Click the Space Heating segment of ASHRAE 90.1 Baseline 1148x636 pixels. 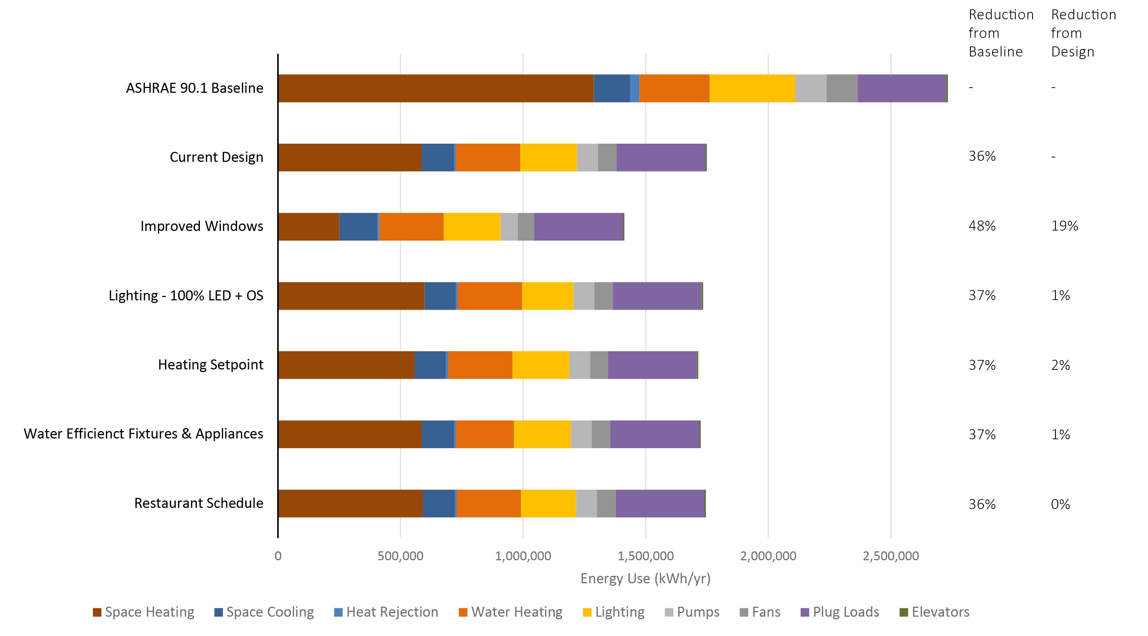click(435, 88)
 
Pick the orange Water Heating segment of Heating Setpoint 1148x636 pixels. click(480, 365)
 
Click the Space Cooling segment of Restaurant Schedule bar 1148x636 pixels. click(438, 503)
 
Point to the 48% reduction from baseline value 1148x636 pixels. click(982, 226)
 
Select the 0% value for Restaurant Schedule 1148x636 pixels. click(1060, 504)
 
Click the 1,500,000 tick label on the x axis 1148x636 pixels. click(645, 556)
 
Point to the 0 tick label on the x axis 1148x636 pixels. click(278, 556)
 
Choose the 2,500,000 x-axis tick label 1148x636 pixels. click(891, 556)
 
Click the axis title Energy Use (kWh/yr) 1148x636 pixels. click(645, 578)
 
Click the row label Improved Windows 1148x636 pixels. click(201, 226)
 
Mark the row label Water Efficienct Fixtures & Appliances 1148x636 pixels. click(143, 434)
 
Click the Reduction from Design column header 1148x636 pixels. click(1083, 33)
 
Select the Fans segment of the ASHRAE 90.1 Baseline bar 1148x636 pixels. click(842, 88)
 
